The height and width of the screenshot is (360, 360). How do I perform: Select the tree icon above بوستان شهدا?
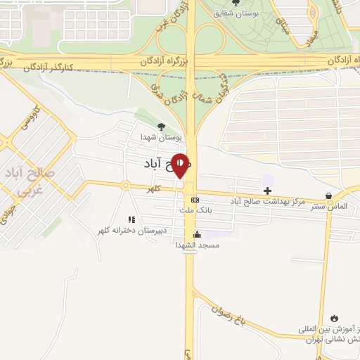162,126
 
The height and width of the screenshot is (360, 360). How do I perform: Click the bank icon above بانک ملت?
195,200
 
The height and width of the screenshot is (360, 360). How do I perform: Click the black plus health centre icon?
268,190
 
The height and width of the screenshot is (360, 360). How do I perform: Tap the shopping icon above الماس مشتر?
328,196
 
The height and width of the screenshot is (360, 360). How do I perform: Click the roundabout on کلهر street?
125,186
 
